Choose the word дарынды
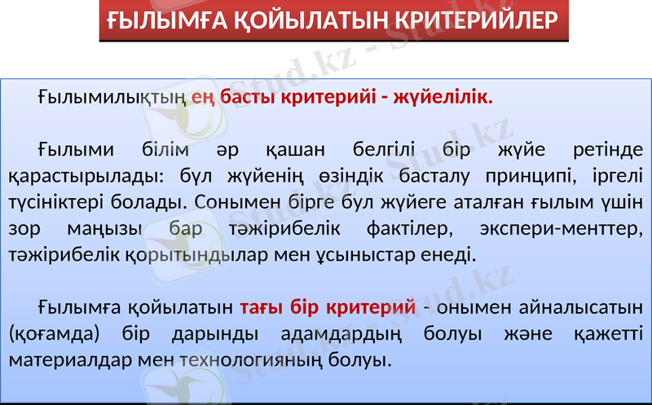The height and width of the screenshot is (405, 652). point(208,334)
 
